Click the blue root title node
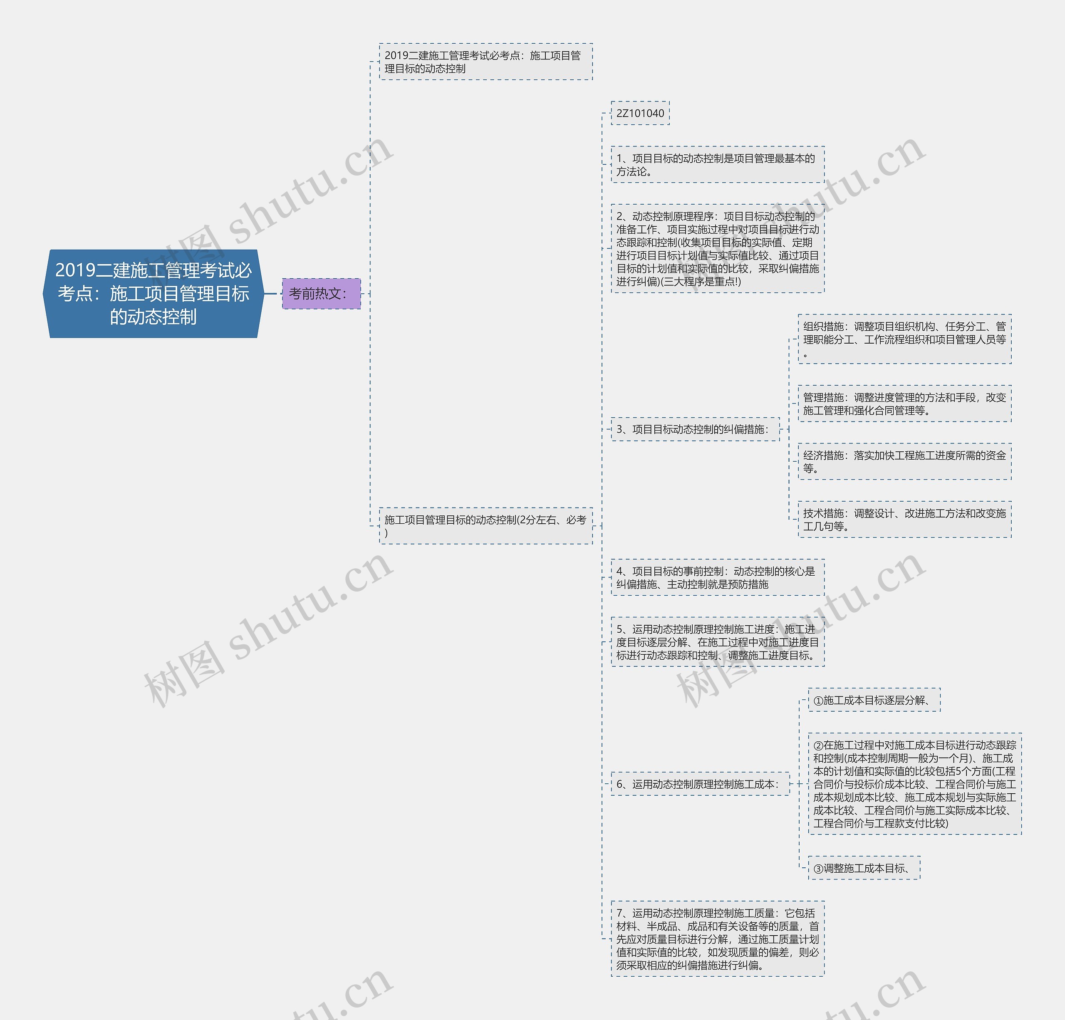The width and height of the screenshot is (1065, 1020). click(x=153, y=293)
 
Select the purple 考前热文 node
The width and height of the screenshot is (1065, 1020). click(x=321, y=293)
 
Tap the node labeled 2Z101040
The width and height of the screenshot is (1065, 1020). click(x=640, y=113)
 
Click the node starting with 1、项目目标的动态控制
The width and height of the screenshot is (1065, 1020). click(x=717, y=165)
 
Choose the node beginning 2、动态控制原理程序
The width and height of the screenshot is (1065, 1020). click(x=717, y=248)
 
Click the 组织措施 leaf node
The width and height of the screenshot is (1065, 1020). click(x=904, y=339)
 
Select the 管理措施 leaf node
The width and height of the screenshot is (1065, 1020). click(x=904, y=404)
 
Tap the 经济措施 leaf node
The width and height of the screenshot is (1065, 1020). click(x=904, y=461)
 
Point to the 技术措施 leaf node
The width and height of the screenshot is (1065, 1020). click(x=904, y=520)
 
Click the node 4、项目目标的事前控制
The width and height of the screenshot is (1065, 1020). click(x=717, y=578)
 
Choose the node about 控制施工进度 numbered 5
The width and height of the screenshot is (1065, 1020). click(x=717, y=642)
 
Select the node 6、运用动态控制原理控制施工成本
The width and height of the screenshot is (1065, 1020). click(x=700, y=784)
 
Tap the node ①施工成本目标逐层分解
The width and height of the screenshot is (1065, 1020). click(x=874, y=700)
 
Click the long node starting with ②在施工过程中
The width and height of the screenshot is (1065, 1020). click(x=914, y=784)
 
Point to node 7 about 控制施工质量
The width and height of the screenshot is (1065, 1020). click(x=717, y=938)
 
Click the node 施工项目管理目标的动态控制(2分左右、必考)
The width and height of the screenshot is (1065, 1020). click(x=485, y=526)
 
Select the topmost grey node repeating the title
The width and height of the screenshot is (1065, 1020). click(x=485, y=62)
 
